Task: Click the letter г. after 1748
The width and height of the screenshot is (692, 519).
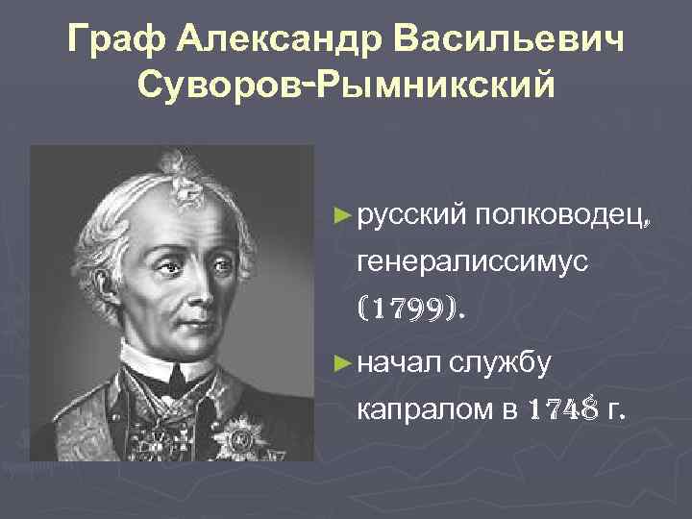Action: click(x=615, y=414)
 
